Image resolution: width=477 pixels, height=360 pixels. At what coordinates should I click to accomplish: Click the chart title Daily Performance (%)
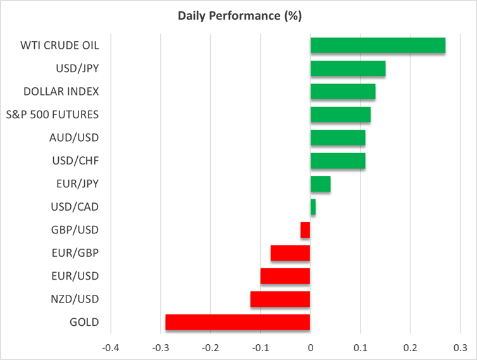coord(238,16)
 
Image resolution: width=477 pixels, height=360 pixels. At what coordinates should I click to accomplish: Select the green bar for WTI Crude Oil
coord(378,46)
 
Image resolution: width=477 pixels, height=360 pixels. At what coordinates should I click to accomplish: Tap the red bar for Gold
coord(238,322)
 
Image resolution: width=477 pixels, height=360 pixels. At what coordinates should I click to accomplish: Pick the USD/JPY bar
coord(348,68)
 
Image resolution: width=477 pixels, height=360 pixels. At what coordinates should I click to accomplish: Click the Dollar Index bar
coord(343,92)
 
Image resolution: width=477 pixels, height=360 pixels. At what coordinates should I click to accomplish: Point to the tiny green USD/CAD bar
coord(313,207)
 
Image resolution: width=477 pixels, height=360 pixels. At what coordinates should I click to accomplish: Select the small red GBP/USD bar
coord(306,230)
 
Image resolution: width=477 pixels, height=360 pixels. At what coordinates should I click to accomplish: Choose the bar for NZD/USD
coord(280,299)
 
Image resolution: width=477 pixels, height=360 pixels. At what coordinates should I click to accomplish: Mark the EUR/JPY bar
coord(321,184)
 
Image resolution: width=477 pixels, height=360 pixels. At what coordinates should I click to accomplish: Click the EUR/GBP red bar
coord(290,253)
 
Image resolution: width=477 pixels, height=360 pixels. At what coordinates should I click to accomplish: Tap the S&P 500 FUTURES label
coord(61,115)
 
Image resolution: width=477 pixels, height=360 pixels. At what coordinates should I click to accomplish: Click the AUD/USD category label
coord(74,137)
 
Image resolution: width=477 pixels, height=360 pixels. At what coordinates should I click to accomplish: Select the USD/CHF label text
coord(75,161)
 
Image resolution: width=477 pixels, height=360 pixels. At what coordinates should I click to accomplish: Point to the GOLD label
coord(85,322)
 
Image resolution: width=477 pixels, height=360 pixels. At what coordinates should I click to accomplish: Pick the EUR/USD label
coord(75,276)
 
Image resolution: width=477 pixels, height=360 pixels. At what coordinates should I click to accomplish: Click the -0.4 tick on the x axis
coord(111,347)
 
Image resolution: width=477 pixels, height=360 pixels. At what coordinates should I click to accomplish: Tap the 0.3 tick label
coord(460,347)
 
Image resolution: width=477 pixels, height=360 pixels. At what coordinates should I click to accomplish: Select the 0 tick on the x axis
coord(311,347)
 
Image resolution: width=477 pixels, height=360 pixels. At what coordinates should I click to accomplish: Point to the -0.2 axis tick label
coord(211,347)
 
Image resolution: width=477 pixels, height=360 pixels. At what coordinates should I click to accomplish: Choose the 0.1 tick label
coord(361,347)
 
